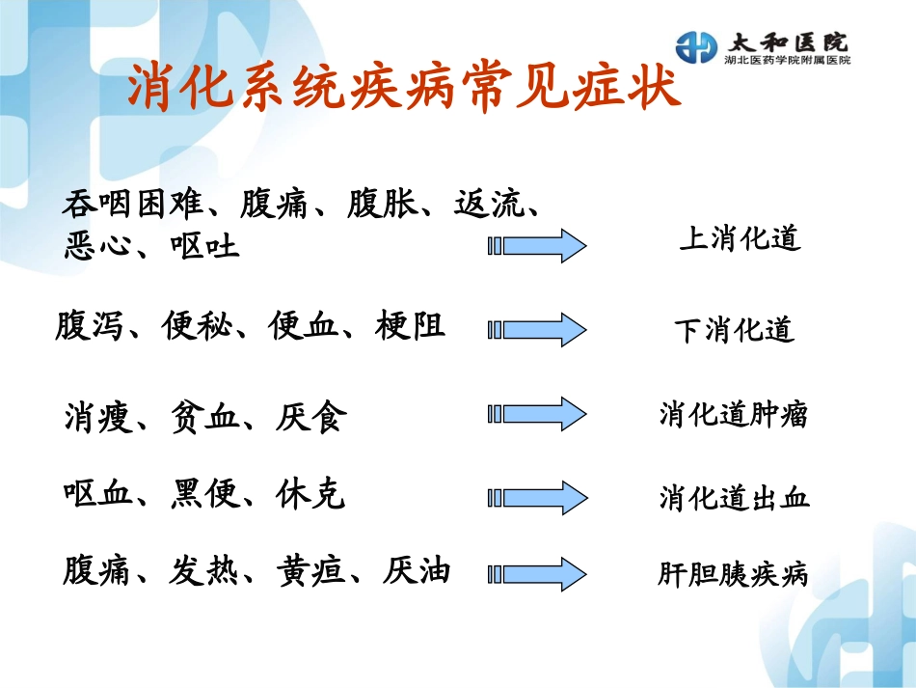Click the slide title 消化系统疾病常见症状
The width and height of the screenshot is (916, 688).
pos(405,88)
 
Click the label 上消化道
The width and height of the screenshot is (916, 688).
pos(740,239)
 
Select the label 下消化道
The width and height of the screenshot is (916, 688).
pos(734,330)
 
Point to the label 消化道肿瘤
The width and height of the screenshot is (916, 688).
pos(734,415)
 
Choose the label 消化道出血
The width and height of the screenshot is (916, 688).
pos(735,498)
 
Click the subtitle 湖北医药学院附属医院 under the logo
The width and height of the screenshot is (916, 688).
pos(787,60)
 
